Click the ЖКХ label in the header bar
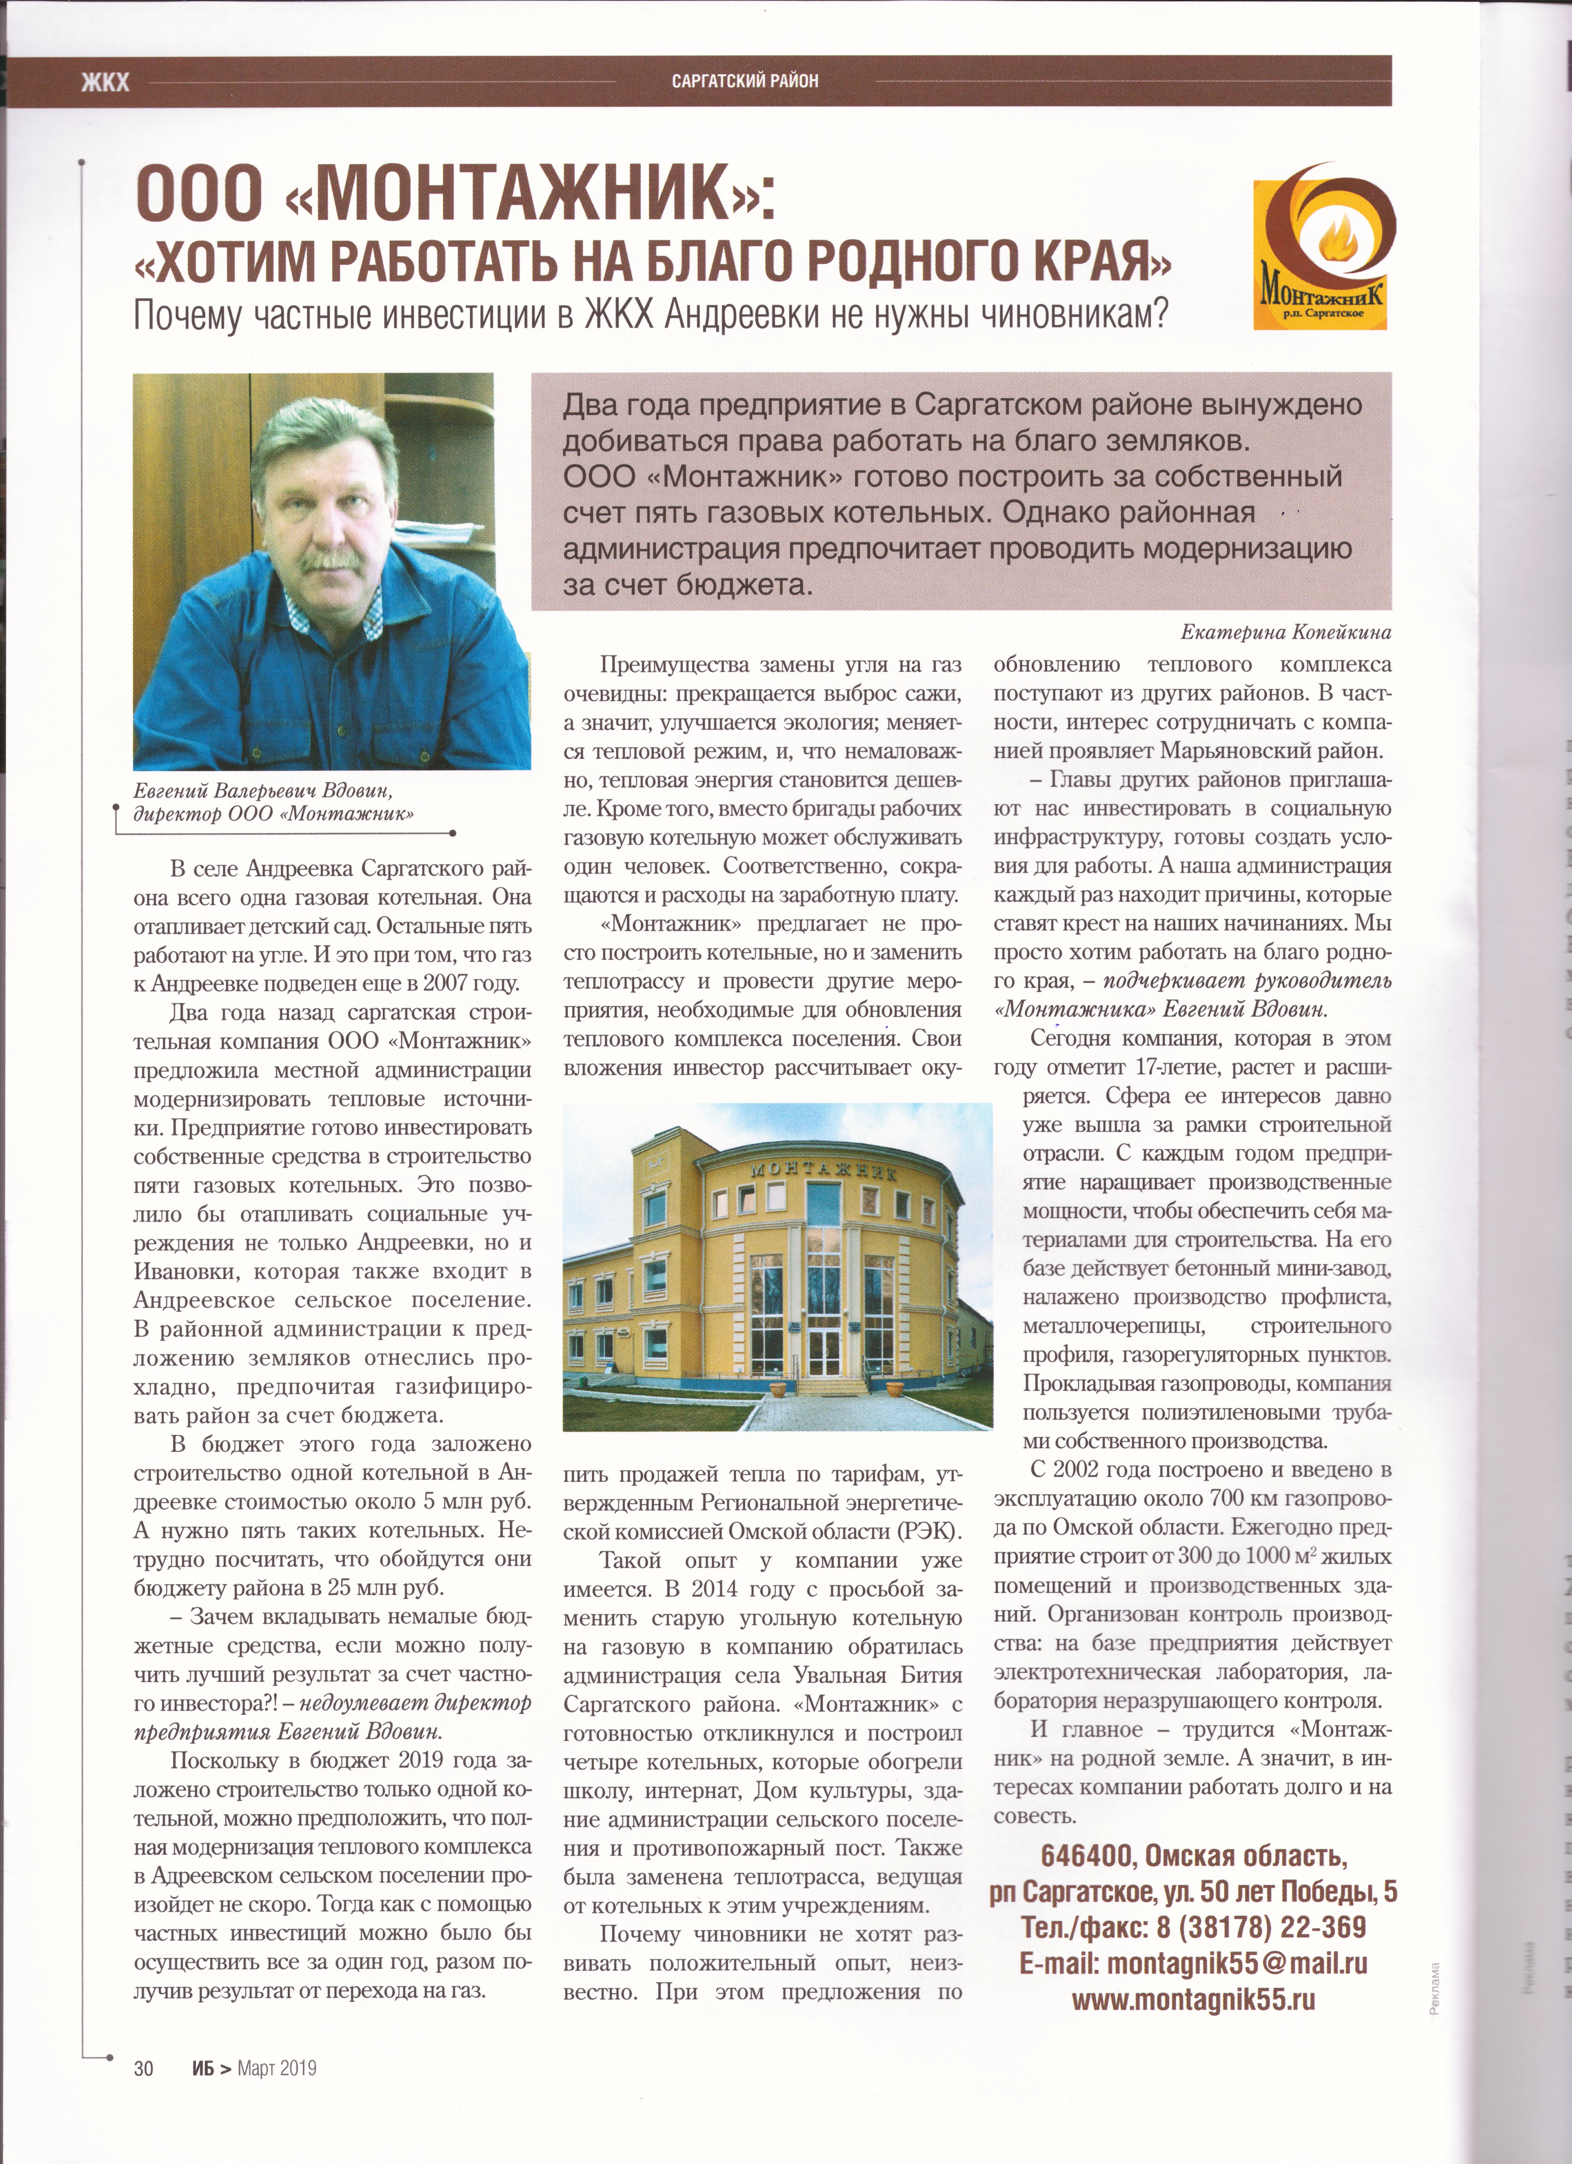click(105, 82)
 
